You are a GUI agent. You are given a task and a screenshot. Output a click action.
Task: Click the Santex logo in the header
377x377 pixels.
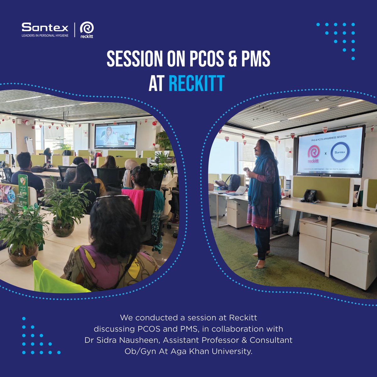coord(45,28)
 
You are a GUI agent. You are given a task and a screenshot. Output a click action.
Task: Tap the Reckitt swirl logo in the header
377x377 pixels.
coord(87,29)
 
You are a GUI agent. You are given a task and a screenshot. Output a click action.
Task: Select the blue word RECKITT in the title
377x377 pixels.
coord(196,84)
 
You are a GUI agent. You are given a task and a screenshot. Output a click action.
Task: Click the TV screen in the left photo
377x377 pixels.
coord(116,135)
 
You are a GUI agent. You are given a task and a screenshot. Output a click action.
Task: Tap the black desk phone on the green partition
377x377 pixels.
coord(309,196)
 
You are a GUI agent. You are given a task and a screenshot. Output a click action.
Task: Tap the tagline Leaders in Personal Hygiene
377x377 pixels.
coord(45,36)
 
